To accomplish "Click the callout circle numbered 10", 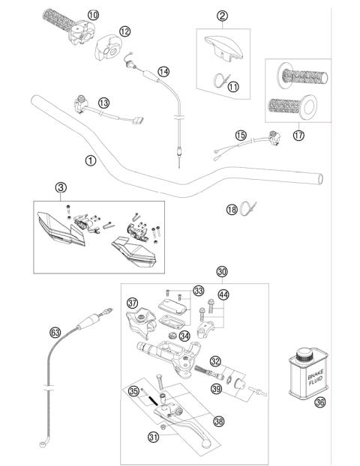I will (x=92, y=15).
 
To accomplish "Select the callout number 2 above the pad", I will (x=222, y=16).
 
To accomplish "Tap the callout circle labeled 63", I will (x=55, y=332).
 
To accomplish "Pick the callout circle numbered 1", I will (x=91, y=159).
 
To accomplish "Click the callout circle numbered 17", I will (x=300, y=136).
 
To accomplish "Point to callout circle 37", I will (x=133, y=303).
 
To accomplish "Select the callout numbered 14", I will (x=163, y=72).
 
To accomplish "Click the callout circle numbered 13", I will (x=103, y=103).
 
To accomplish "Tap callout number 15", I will (x=240, y=136).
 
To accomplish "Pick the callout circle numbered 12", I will (x=124, y=31).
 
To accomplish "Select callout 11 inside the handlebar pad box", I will (x=233, y=87).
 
